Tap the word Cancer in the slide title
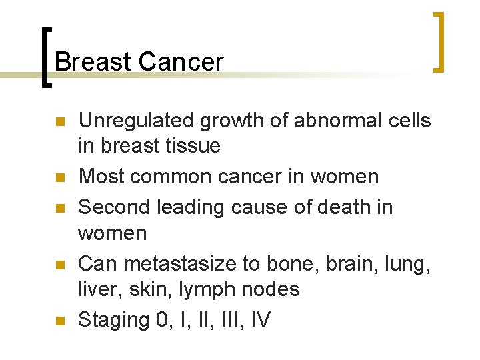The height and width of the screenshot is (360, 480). pyautogui.click(x=181, y=62)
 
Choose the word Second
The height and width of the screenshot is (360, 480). pyautogui.click(x=114, y=207)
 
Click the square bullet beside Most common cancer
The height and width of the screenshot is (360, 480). pyautogui.click(x=59, y=177)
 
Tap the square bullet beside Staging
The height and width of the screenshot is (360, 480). pyautogui.click(x=59, y=321)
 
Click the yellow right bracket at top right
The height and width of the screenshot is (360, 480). pyautogui.click(x=438, y=41)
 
